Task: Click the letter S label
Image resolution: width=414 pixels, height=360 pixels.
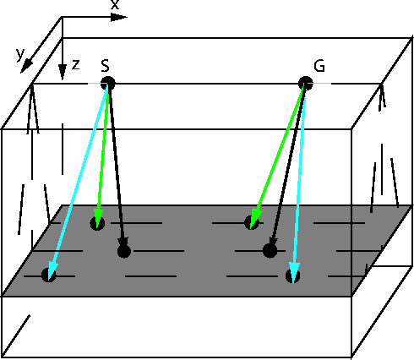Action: [x=105, y=66]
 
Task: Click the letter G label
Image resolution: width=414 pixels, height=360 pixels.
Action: [x=319, y=66]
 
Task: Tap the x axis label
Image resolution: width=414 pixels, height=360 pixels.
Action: [x=115, y=4]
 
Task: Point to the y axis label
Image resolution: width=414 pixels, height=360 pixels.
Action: [x=20, y=54]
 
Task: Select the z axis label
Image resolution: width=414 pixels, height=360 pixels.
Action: [x=76, y=64]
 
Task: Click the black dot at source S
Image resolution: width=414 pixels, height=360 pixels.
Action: [x=108, y=84]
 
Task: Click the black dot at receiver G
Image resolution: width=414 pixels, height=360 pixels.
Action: [x=306, y=84]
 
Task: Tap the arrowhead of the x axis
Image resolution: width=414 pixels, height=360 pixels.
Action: [x=119, y=18]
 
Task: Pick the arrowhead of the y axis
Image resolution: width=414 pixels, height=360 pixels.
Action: [x=26, y=67]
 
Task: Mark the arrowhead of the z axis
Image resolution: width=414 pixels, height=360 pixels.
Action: [x=63, y=72]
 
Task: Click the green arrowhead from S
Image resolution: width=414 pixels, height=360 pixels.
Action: [x=98, y=218]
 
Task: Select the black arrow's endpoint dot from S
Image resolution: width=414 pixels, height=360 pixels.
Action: [x=124, y=251]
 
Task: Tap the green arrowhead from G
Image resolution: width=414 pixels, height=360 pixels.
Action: [x=255, y=218]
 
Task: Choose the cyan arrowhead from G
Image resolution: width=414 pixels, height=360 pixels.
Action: [x=294, y=271]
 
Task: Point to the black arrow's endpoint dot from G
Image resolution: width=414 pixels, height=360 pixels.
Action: [x=270, y=250]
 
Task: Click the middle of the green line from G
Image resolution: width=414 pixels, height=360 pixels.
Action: [x=278, y=155]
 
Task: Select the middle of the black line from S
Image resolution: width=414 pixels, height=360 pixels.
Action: [x=116, y=166]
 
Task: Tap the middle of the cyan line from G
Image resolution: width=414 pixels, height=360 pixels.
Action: [x=300, y=183]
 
